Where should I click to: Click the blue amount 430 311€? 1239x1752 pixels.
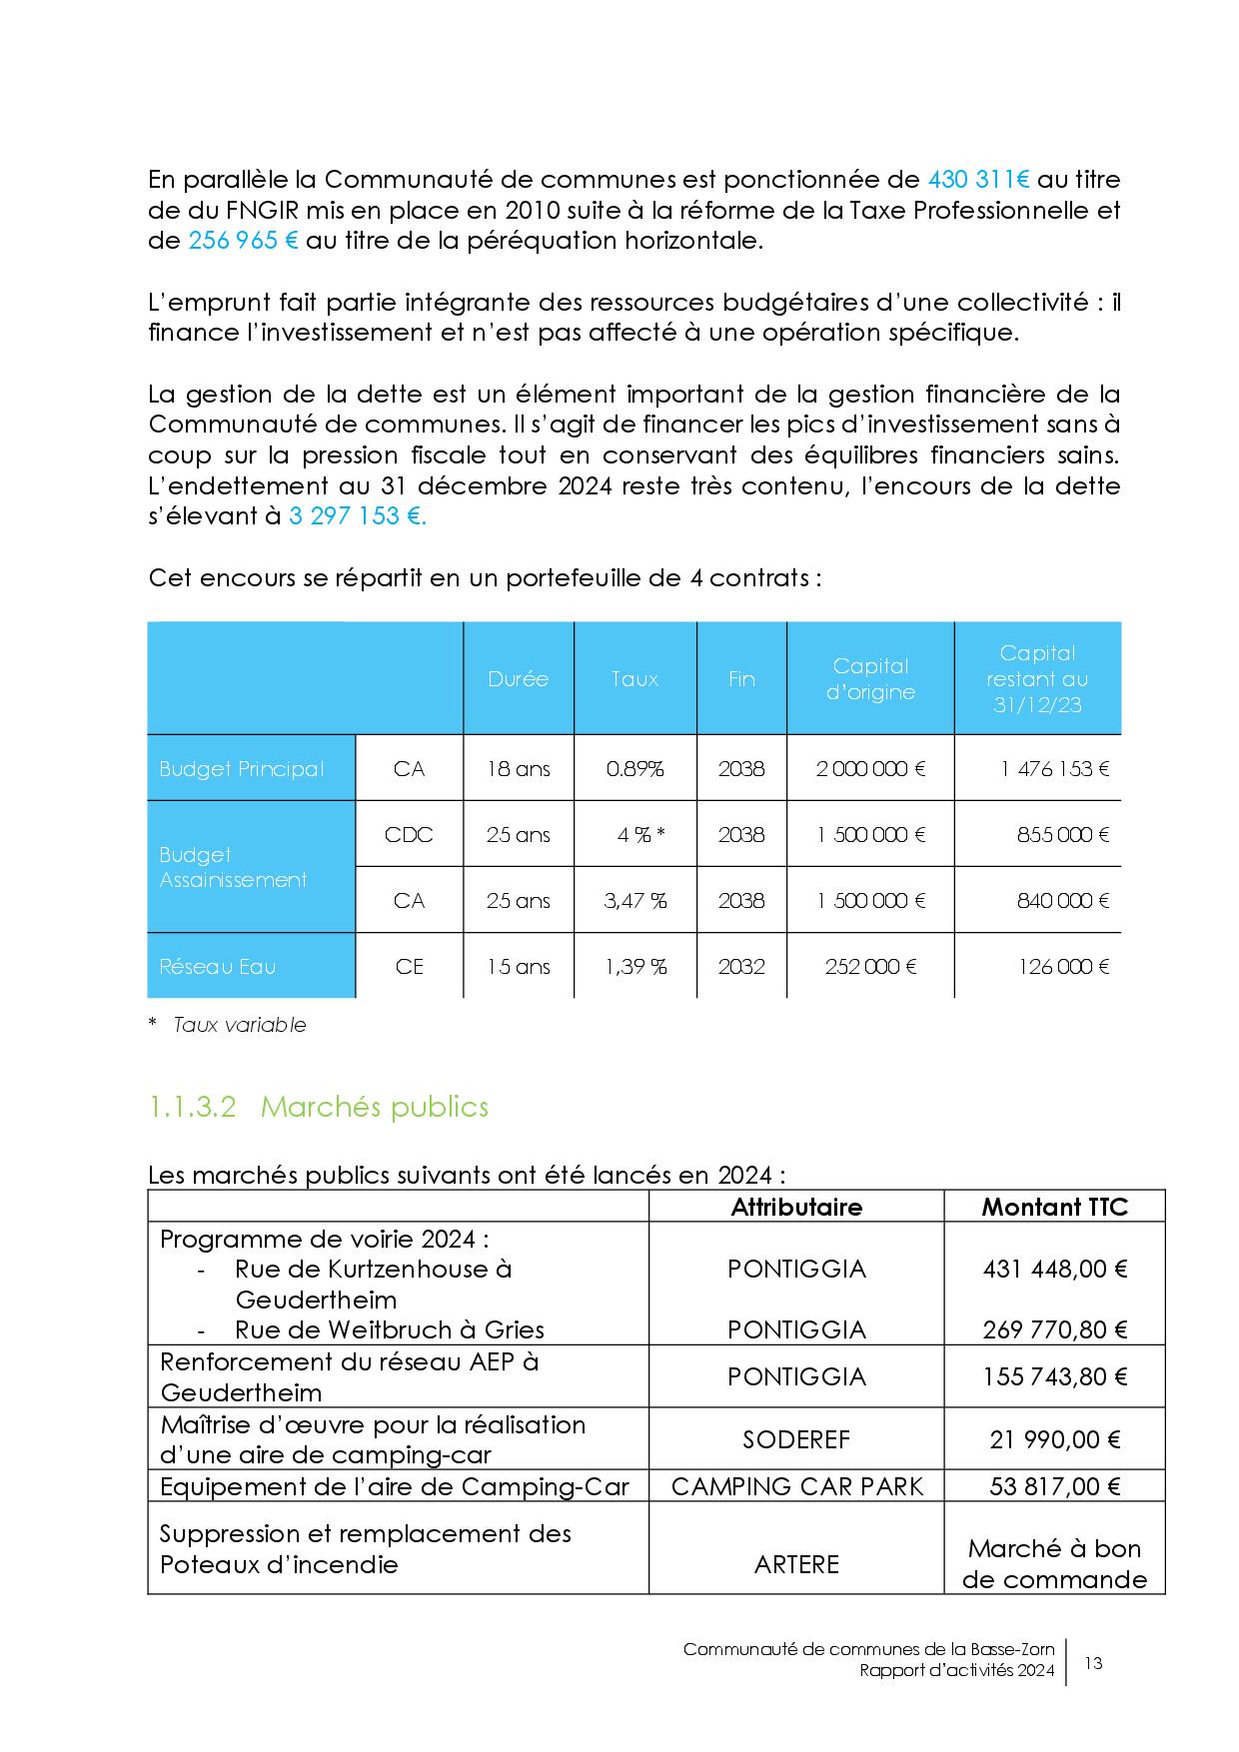click(x=978, y=180)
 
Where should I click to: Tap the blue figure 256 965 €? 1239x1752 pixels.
click(x=243, y=241)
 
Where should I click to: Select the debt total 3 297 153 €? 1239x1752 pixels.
click(x=357, y=516)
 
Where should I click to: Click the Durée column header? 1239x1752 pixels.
click(x=518, y=679)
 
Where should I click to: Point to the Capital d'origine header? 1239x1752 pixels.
click(x=869, y=679)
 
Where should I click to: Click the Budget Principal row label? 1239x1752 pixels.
click(x=242, y=769)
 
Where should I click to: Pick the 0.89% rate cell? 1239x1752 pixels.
click(x=634, y=769)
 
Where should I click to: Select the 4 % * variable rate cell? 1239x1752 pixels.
click(x=640, y=835)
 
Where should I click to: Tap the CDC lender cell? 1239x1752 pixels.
click(x=409, y=835)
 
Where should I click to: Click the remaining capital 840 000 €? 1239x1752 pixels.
click(x=1062, y=901)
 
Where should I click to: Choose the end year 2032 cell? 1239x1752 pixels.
click(x=740, y=967)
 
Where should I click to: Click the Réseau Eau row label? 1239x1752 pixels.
click(x=217, y=967)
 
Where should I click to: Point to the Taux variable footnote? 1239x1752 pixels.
click(x=239, y=1025)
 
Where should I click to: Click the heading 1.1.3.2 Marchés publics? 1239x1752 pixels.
click(x=318, y=1107)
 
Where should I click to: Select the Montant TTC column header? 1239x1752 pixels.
click(x=1054, y=1207)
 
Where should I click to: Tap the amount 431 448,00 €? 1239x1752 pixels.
click(x=1054, y=1269)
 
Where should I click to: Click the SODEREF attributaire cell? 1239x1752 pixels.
click(x=795, y=1439)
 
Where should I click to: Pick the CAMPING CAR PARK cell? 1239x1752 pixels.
click(x=795, y=1486)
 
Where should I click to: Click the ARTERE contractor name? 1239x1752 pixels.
click(x=795, y=1563)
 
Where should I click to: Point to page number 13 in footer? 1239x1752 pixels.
click(x=1093, y=1663)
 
